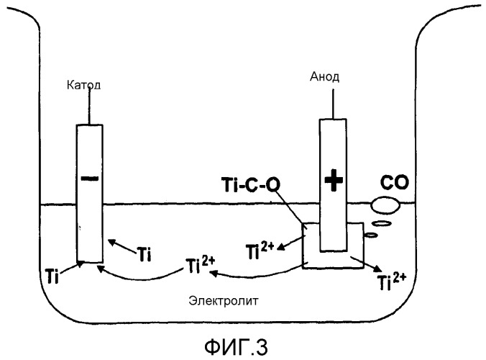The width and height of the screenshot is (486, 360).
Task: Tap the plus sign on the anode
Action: click(x=331, y=181)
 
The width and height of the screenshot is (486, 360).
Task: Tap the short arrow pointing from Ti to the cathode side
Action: click(x=119, y=245)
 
